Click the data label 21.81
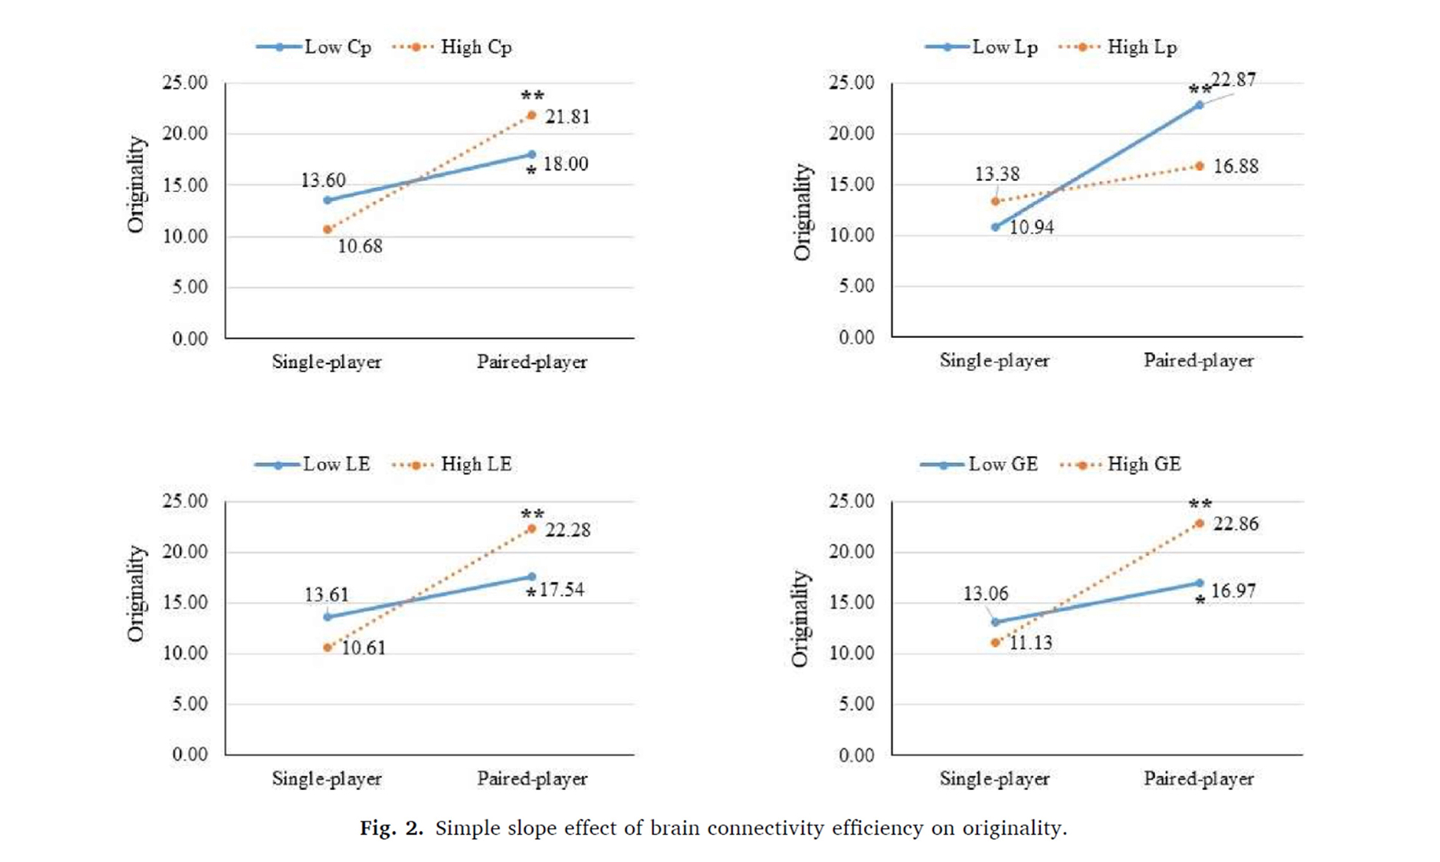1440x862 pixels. click(x=567, y=117)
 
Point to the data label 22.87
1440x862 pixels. click(x=1234, y=80)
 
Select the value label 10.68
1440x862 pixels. click(x=360, y=247)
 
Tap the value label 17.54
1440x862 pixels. click(x=561, y=590)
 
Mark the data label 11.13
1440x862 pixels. click(x=1030, y=643)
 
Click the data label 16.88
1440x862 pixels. click(x=1235, y=166)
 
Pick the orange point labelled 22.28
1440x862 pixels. click(x=532, y=529)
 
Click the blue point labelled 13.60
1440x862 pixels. click(x=328, y=200)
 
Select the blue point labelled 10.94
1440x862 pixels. click(x=995, y=227)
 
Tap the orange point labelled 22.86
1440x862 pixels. click(x=1199, y=523)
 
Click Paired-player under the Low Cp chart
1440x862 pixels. click(x=532, y=362)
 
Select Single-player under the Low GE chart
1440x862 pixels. click(x=994, y=779)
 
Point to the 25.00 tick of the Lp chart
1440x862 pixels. click(x=851, y=82)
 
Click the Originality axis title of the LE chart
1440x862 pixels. click(x=136, y=593)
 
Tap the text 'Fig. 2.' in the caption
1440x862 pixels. click(x=391, y=829)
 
